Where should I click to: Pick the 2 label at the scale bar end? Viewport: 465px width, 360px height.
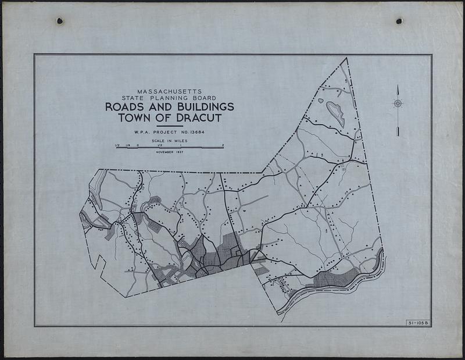pos(223,145)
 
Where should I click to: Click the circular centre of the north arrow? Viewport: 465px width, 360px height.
pos(398,104)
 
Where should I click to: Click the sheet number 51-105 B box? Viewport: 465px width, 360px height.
pos(417,323)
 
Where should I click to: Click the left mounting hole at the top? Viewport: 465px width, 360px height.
pos(59,22)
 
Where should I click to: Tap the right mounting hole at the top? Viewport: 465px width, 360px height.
pos(399,21)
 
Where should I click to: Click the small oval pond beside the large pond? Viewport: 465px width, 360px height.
pos(320,100)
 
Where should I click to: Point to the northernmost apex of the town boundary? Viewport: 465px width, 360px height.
pos(346,58)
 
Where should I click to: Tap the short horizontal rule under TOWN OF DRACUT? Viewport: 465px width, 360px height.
pos(169,126)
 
